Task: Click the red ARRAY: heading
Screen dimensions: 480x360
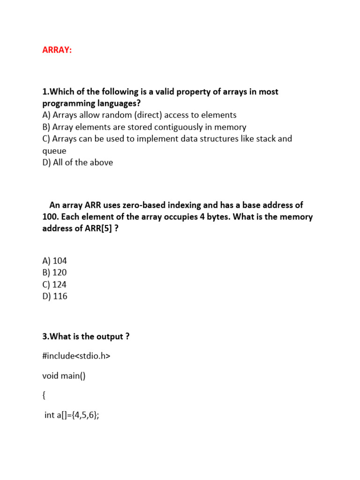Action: coord(57,50)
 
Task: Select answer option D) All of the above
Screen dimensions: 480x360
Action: coord(77,163)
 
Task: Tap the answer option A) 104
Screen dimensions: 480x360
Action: coord(54,261)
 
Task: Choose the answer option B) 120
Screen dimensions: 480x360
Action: coord(54,272)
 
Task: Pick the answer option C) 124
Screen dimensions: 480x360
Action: coord(54,285)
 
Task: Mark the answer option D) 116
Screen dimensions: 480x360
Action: coord(54,296)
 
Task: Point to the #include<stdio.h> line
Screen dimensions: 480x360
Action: coord(76,356)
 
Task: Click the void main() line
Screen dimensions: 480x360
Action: coord(64,376)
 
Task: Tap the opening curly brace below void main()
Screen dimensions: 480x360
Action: coord(44,396)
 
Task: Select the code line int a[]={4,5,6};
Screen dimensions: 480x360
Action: coord(71,415)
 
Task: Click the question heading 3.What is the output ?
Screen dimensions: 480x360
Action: coord(86,337)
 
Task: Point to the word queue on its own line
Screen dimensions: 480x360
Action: coord(54,151)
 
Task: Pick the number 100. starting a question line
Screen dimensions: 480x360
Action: coord(50,217)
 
